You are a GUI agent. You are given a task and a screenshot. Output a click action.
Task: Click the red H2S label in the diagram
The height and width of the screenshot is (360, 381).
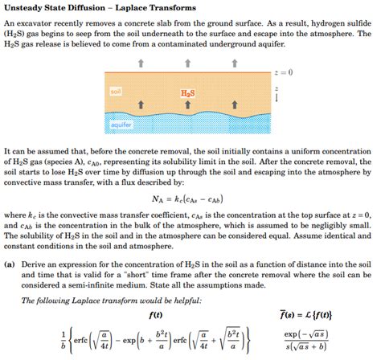(187, 94)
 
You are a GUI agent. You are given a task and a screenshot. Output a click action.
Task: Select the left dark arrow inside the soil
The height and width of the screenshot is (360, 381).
(142, 104)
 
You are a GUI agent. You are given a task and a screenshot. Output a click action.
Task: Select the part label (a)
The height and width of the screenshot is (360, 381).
(10, 263)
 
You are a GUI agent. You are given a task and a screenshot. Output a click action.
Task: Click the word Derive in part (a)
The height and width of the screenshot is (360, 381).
(37, 263)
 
